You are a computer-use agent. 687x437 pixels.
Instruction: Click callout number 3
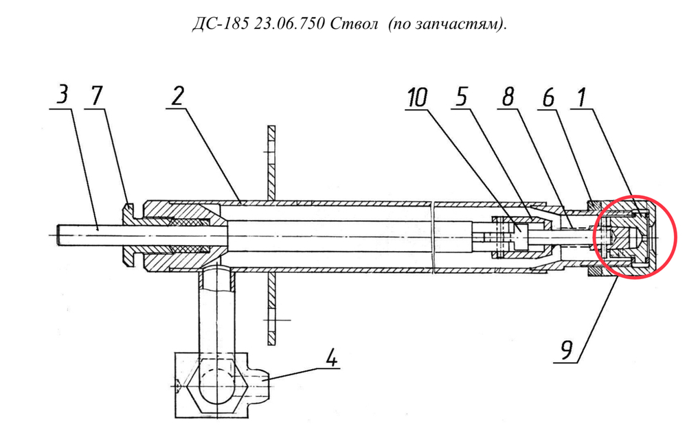point(63,94)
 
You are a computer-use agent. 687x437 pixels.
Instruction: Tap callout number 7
point(98,96)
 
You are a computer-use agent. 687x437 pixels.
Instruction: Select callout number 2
point(177,96)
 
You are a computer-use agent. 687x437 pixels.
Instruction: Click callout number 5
point(462,96)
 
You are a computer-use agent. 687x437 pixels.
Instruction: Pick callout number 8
point(508,96)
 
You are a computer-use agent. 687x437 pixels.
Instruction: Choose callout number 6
point(548,97)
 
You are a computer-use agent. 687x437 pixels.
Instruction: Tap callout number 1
point(581,97)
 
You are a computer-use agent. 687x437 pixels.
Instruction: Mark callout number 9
point(567,350)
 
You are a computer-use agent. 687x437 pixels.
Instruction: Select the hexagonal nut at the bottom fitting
point(215,385)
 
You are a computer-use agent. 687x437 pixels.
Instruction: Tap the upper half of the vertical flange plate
point(271,161)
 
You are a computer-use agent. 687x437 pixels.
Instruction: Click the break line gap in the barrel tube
point(433,236)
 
